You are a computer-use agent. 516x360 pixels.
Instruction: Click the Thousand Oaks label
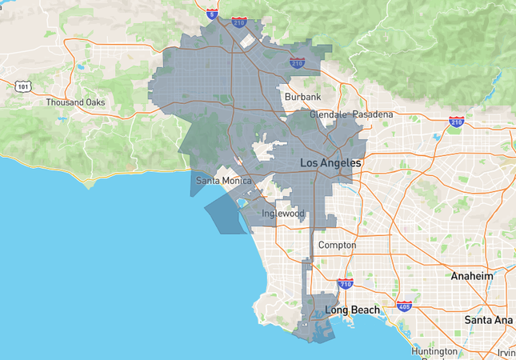pyautogui.click(x=75, y=102)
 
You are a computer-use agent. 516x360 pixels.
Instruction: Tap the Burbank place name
pyautogui.click(x=303, y=97)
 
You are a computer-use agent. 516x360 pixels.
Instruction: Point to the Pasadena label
pyautogui.click(x=373, y=114)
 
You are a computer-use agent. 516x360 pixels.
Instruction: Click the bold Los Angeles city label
pyautogui.click(x=330, y=163)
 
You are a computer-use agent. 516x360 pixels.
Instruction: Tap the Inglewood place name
pyautogui.click(x=284, y=214)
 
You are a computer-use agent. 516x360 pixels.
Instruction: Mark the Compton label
pyautogui.click(x=337, y=245)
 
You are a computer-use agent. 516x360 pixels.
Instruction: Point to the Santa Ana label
pyautogui.click(x=487, y=319)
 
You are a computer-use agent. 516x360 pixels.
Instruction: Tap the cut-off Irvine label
pyautogui.click(x=506, y=353)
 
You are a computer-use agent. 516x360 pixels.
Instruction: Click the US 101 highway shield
pyautogui.click(x=23, y=86)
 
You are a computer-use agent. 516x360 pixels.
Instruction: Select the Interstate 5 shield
pyautogui.click(x=210, y=14)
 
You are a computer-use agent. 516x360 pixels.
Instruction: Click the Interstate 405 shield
pyautogui.click(x=404, y=306)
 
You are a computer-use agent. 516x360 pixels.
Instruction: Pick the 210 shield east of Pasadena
pyautogui.click(x=457, y=122)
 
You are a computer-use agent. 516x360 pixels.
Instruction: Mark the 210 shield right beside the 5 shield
pyautogui.click(x=238, y=22)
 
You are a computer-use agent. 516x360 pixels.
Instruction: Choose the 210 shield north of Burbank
pyautogui.click(x=297, y=61)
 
